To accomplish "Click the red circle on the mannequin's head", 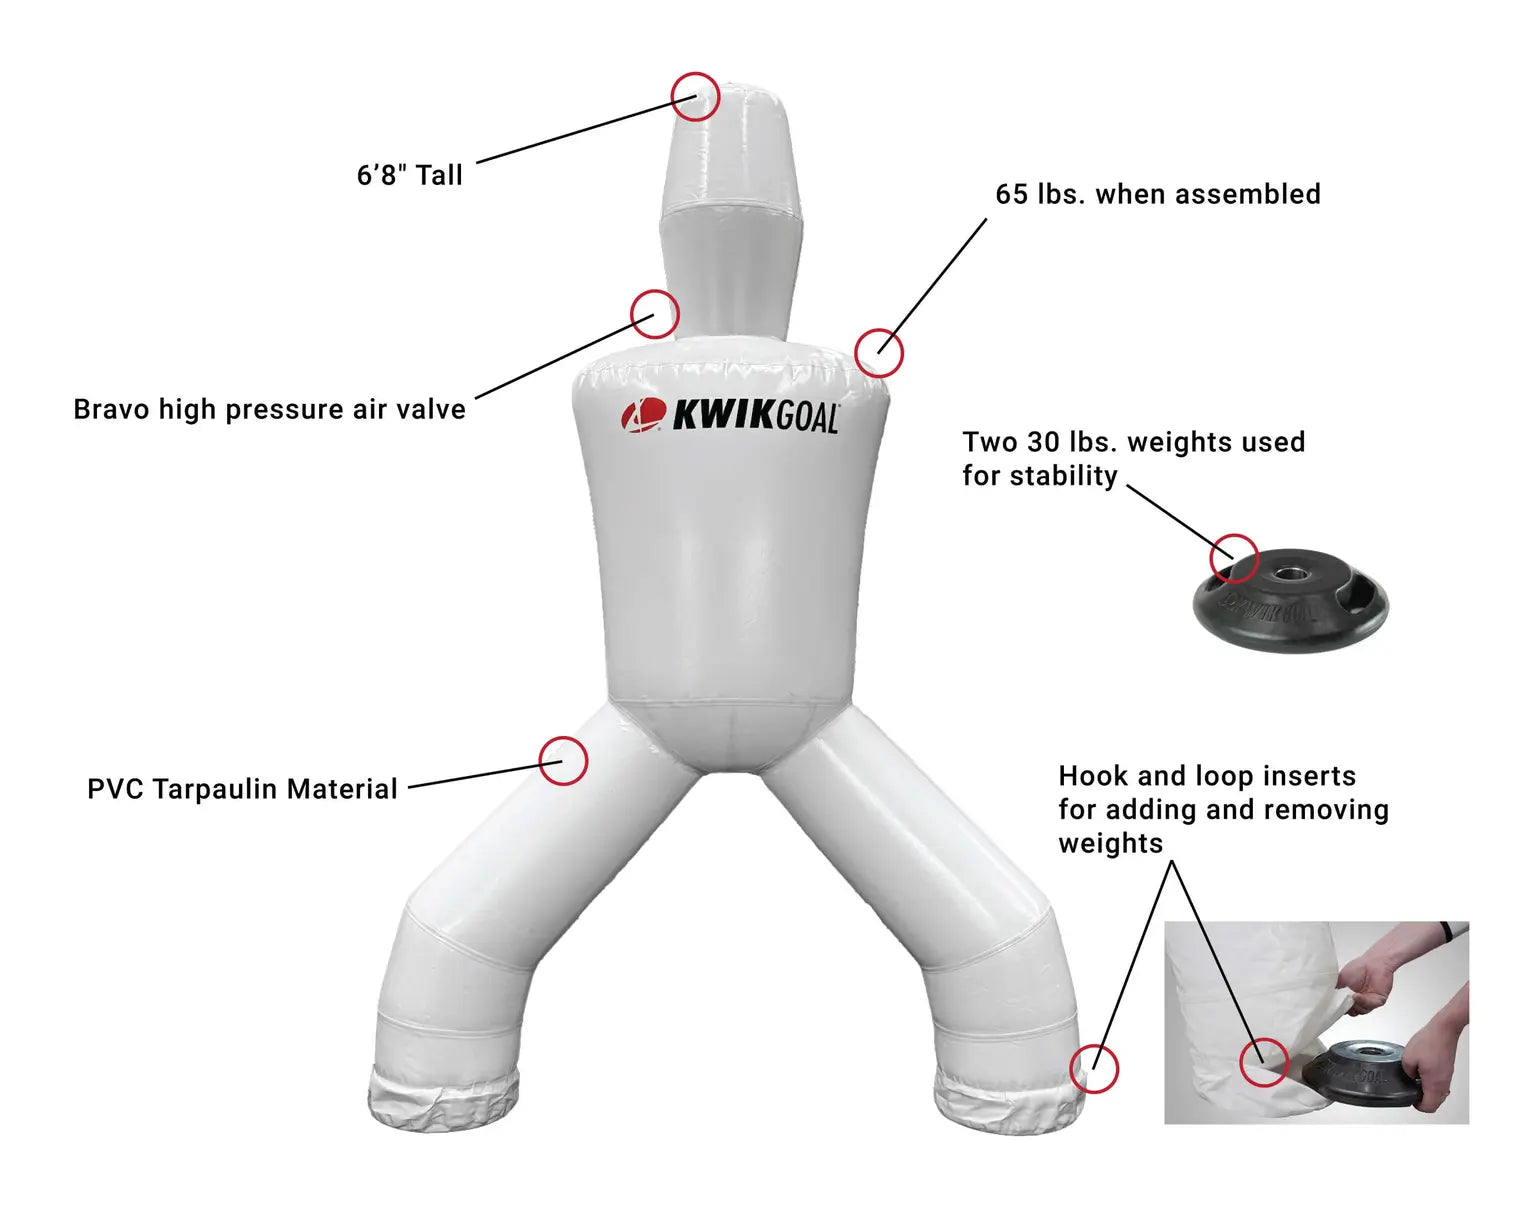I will pyautogui.click(x=695, y=97).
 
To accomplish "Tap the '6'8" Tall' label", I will pyautogui.click(x=409, y=176).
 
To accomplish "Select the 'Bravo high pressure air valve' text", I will pyautogui.click(x=269, y=410).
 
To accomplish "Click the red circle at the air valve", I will pyautogui.click(x=655, y=314).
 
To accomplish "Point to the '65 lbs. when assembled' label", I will pyautogui.click(x=1157, y=194).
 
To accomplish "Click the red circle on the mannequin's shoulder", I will pyautogui.click(x=879, y=352).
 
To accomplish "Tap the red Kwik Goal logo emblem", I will pyautogui.click(x=643, y=415).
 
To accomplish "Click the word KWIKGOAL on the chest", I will pyautogui.click(x=755, y=416).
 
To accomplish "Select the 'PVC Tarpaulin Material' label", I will pyautogui.click(x=242, y=789).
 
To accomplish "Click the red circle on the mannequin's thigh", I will pyautogui.click(x=563, y=761).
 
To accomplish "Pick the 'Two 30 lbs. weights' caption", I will pyautogui.click(x=1133, y=459).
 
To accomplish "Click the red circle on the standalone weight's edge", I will pyautogui.click(x=1234, y=558).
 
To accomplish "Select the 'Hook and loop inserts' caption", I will pyautogui.click(x=1222, y=809).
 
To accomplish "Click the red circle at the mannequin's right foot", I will pyautogui.click(x=1094, y=1068).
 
